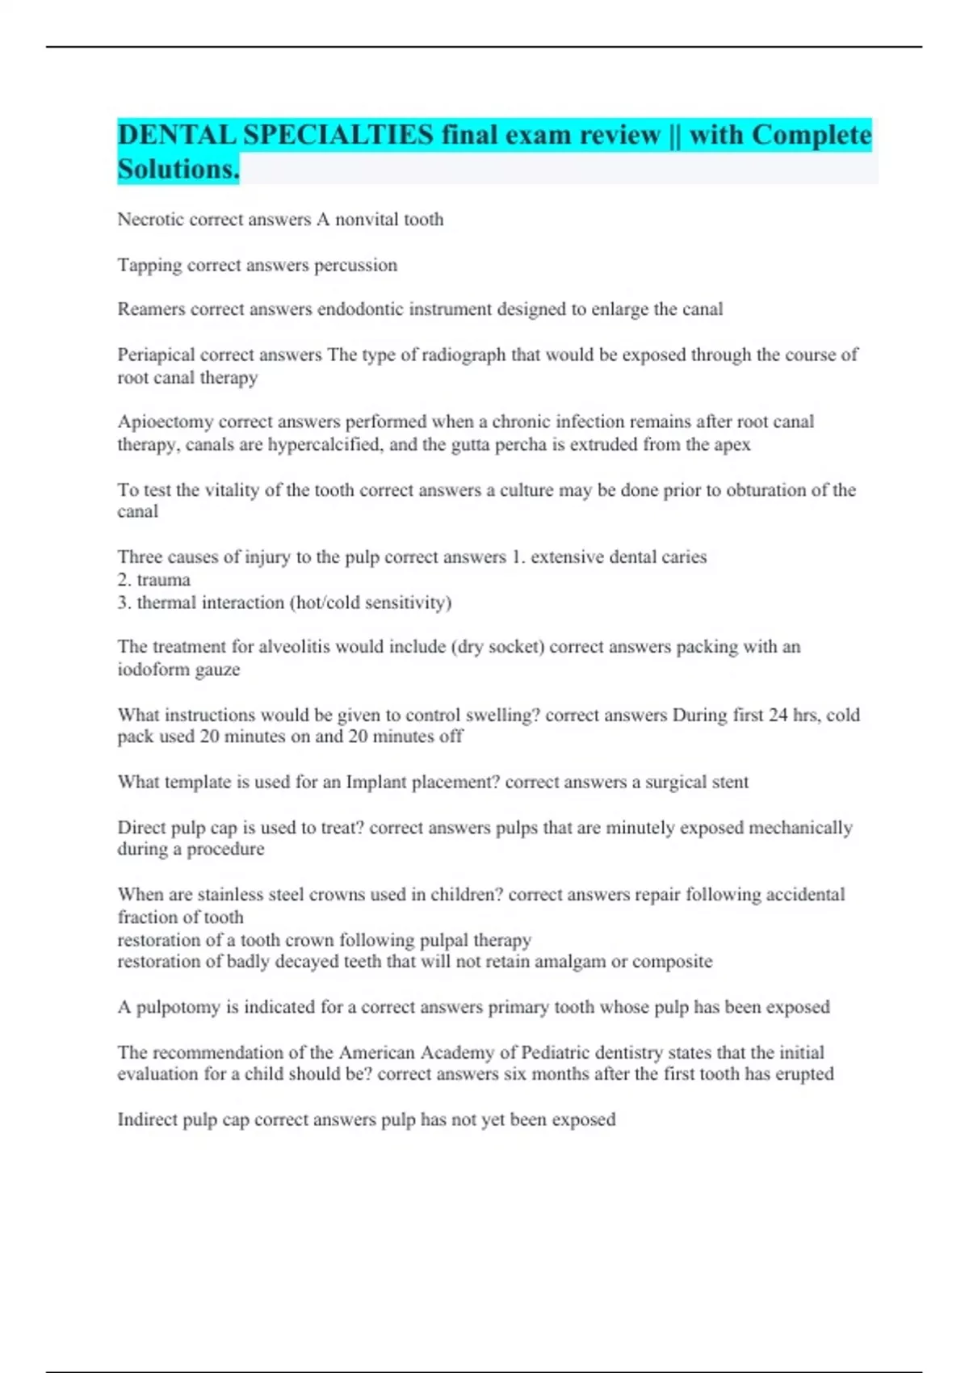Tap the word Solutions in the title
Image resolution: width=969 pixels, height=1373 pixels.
coord(178,170)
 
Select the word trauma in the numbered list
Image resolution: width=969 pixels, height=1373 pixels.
coord(163,580)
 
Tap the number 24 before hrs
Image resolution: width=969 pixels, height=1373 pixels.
coord(778,715)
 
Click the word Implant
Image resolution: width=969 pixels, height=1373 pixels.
coord(375,782)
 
